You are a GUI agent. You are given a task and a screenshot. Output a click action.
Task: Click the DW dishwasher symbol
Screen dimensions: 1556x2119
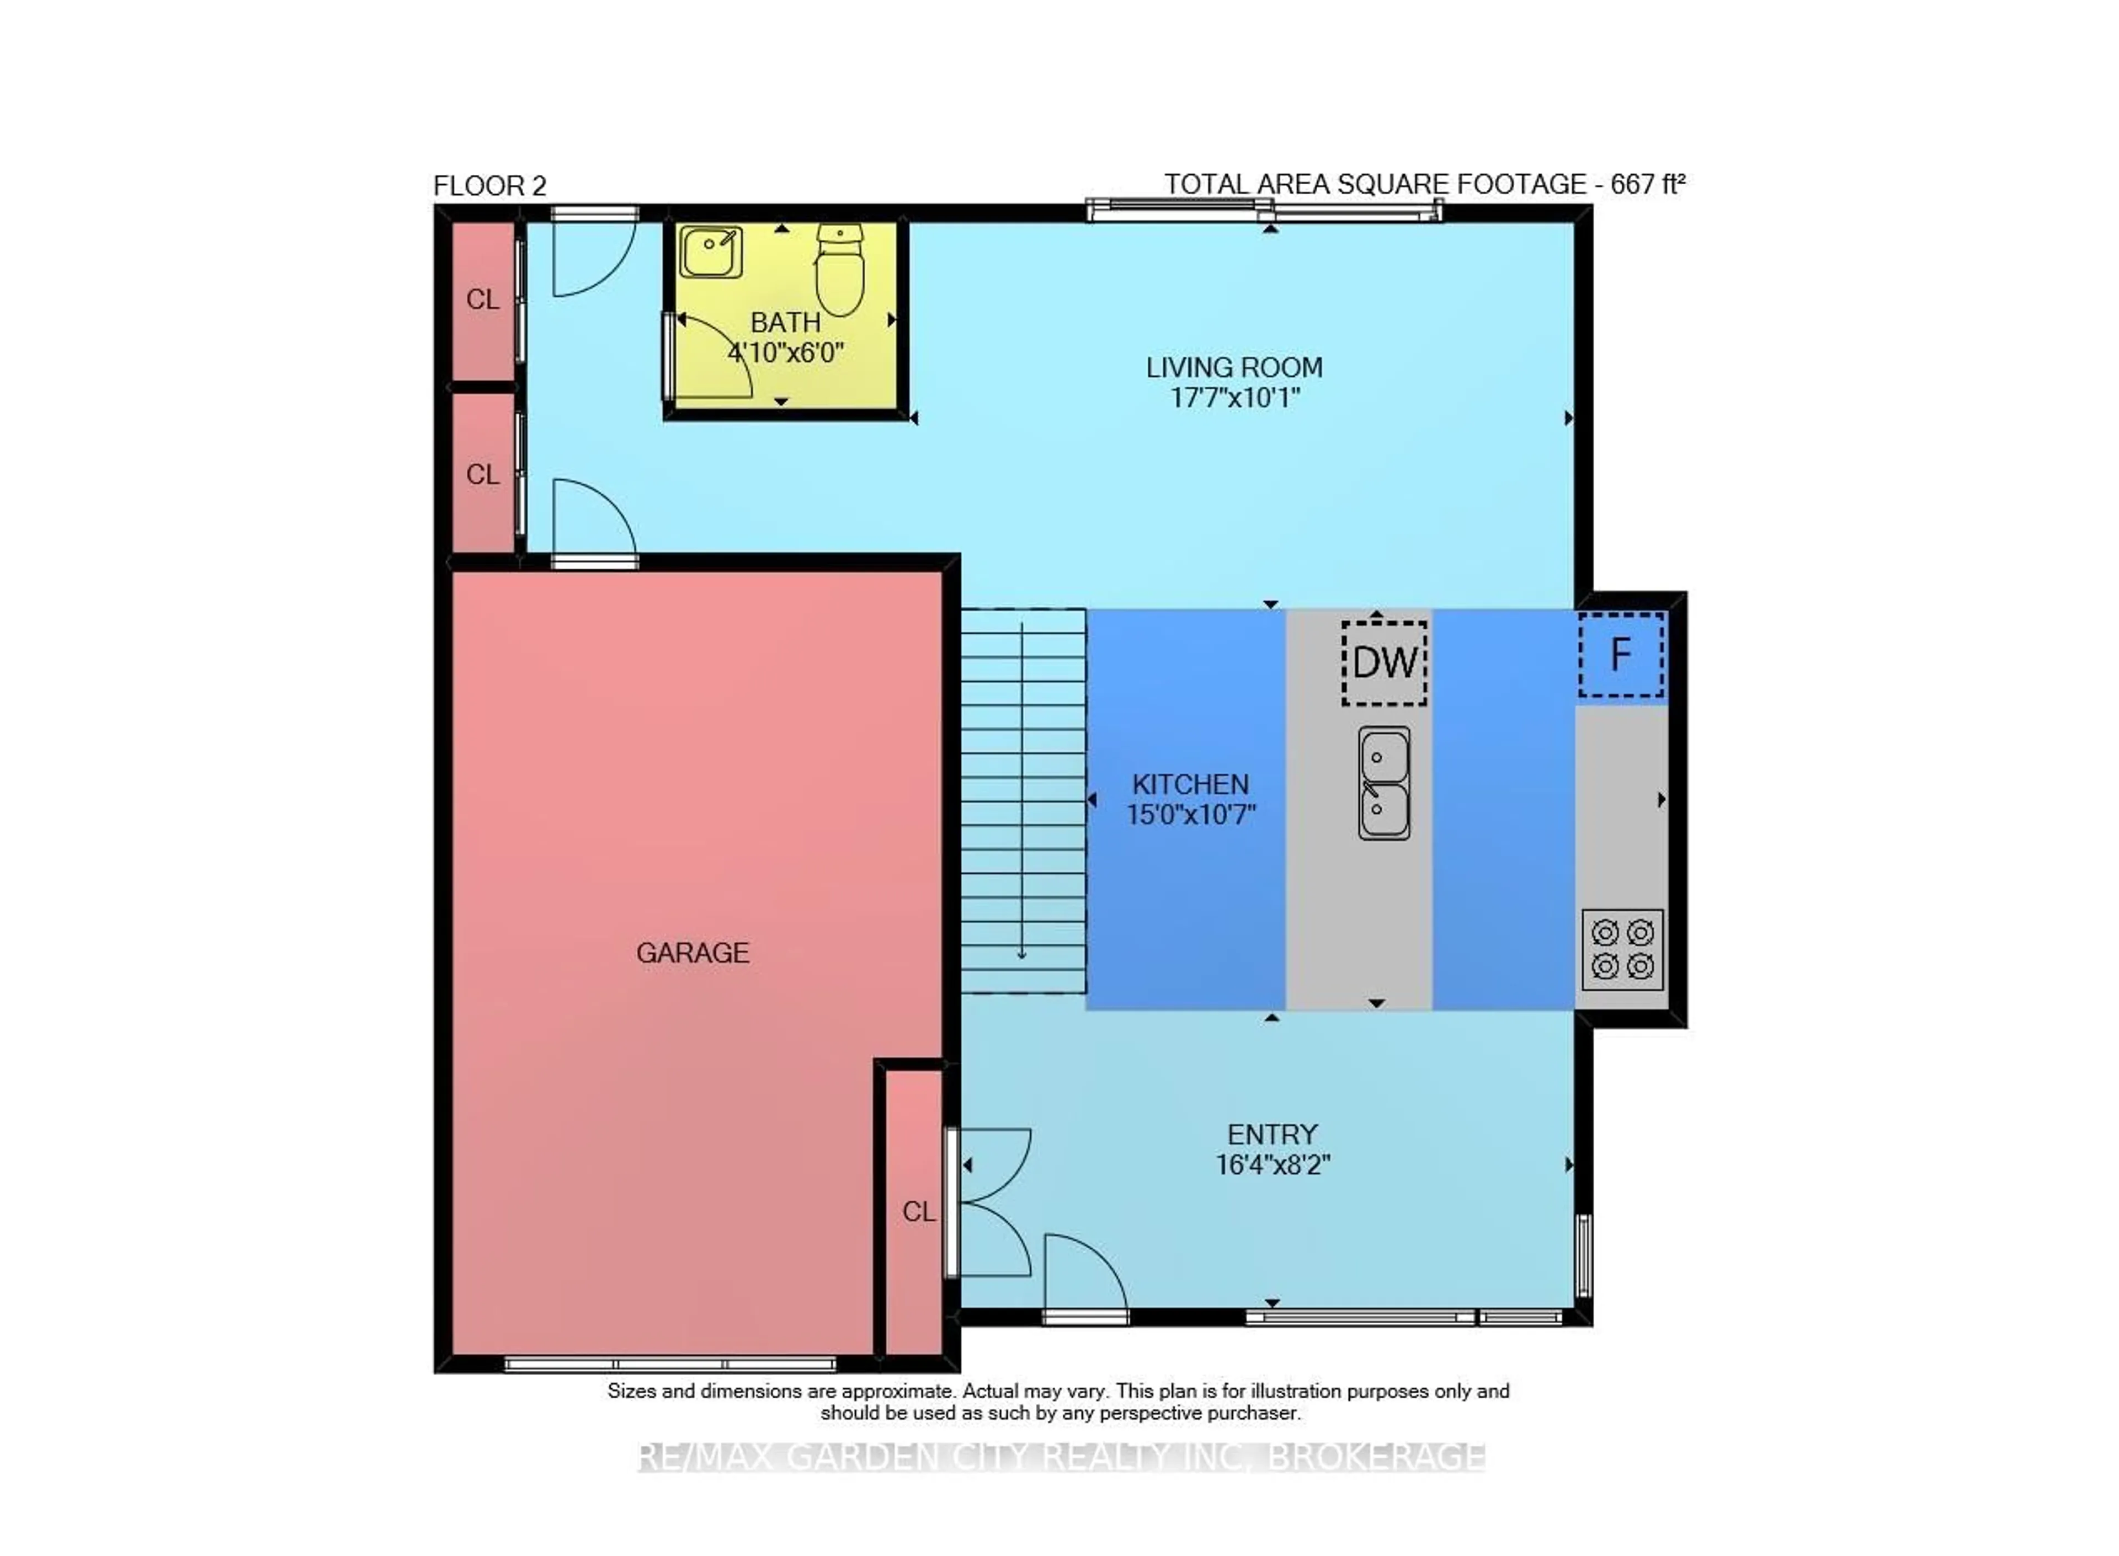click(x=1383, y=663)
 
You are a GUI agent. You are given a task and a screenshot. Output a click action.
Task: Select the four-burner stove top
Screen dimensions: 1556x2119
click(x=1621, y=949)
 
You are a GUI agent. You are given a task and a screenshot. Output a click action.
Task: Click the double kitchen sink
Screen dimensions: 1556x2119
click(x=1383, y=783)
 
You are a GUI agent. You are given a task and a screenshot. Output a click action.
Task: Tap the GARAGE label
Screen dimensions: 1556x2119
click(x=693, y=953)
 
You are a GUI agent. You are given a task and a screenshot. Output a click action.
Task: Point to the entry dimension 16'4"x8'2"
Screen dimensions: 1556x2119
click(x=1272, y=1165)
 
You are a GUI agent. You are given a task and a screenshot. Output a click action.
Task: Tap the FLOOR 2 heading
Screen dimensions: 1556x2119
click(x=489, y=185)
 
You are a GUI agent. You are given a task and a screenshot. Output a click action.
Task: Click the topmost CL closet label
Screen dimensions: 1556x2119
click(x=482, y=300)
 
